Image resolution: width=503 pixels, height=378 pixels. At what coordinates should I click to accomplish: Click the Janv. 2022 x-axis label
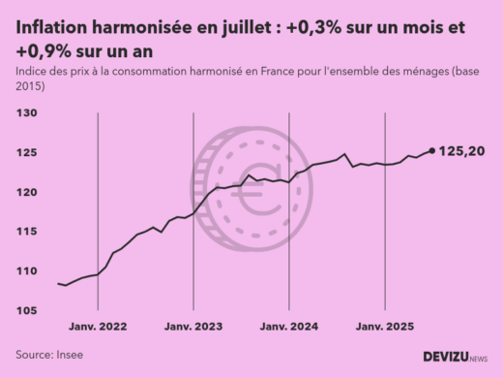[x=99, y=327]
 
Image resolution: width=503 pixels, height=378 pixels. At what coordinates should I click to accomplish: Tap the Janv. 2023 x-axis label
[x=193, y=327]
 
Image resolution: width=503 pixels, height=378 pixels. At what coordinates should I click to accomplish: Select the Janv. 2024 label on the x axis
[x=289, y=327]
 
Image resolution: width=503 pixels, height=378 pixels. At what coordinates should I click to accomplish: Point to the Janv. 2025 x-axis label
[x=384, y=327]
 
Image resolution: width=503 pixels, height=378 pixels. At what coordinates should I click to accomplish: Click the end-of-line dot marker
[x=431, y=150]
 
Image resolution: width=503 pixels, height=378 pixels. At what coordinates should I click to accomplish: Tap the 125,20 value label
[x=462, y=151]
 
